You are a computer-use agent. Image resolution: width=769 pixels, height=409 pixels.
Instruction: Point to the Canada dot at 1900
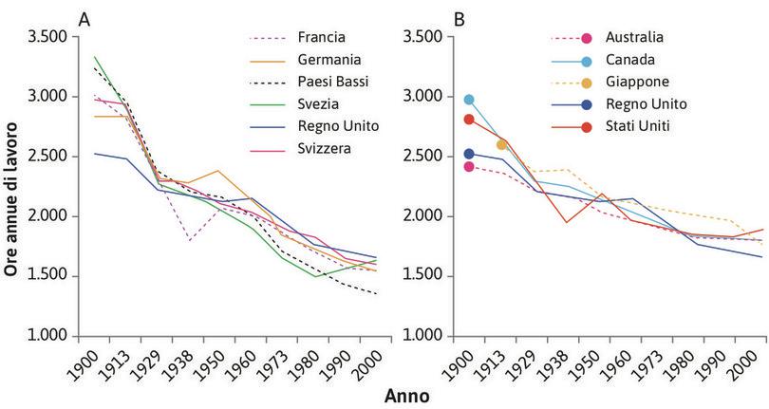468,100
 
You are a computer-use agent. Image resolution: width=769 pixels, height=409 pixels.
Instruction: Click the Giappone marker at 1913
501,144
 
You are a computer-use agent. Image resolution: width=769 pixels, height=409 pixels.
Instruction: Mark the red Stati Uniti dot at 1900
468,120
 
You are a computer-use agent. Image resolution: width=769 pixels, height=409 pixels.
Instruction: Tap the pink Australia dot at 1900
468,167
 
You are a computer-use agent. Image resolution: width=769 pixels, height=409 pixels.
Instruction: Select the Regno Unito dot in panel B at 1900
468,154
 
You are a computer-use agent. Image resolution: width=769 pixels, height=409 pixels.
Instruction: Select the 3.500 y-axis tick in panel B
423,37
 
